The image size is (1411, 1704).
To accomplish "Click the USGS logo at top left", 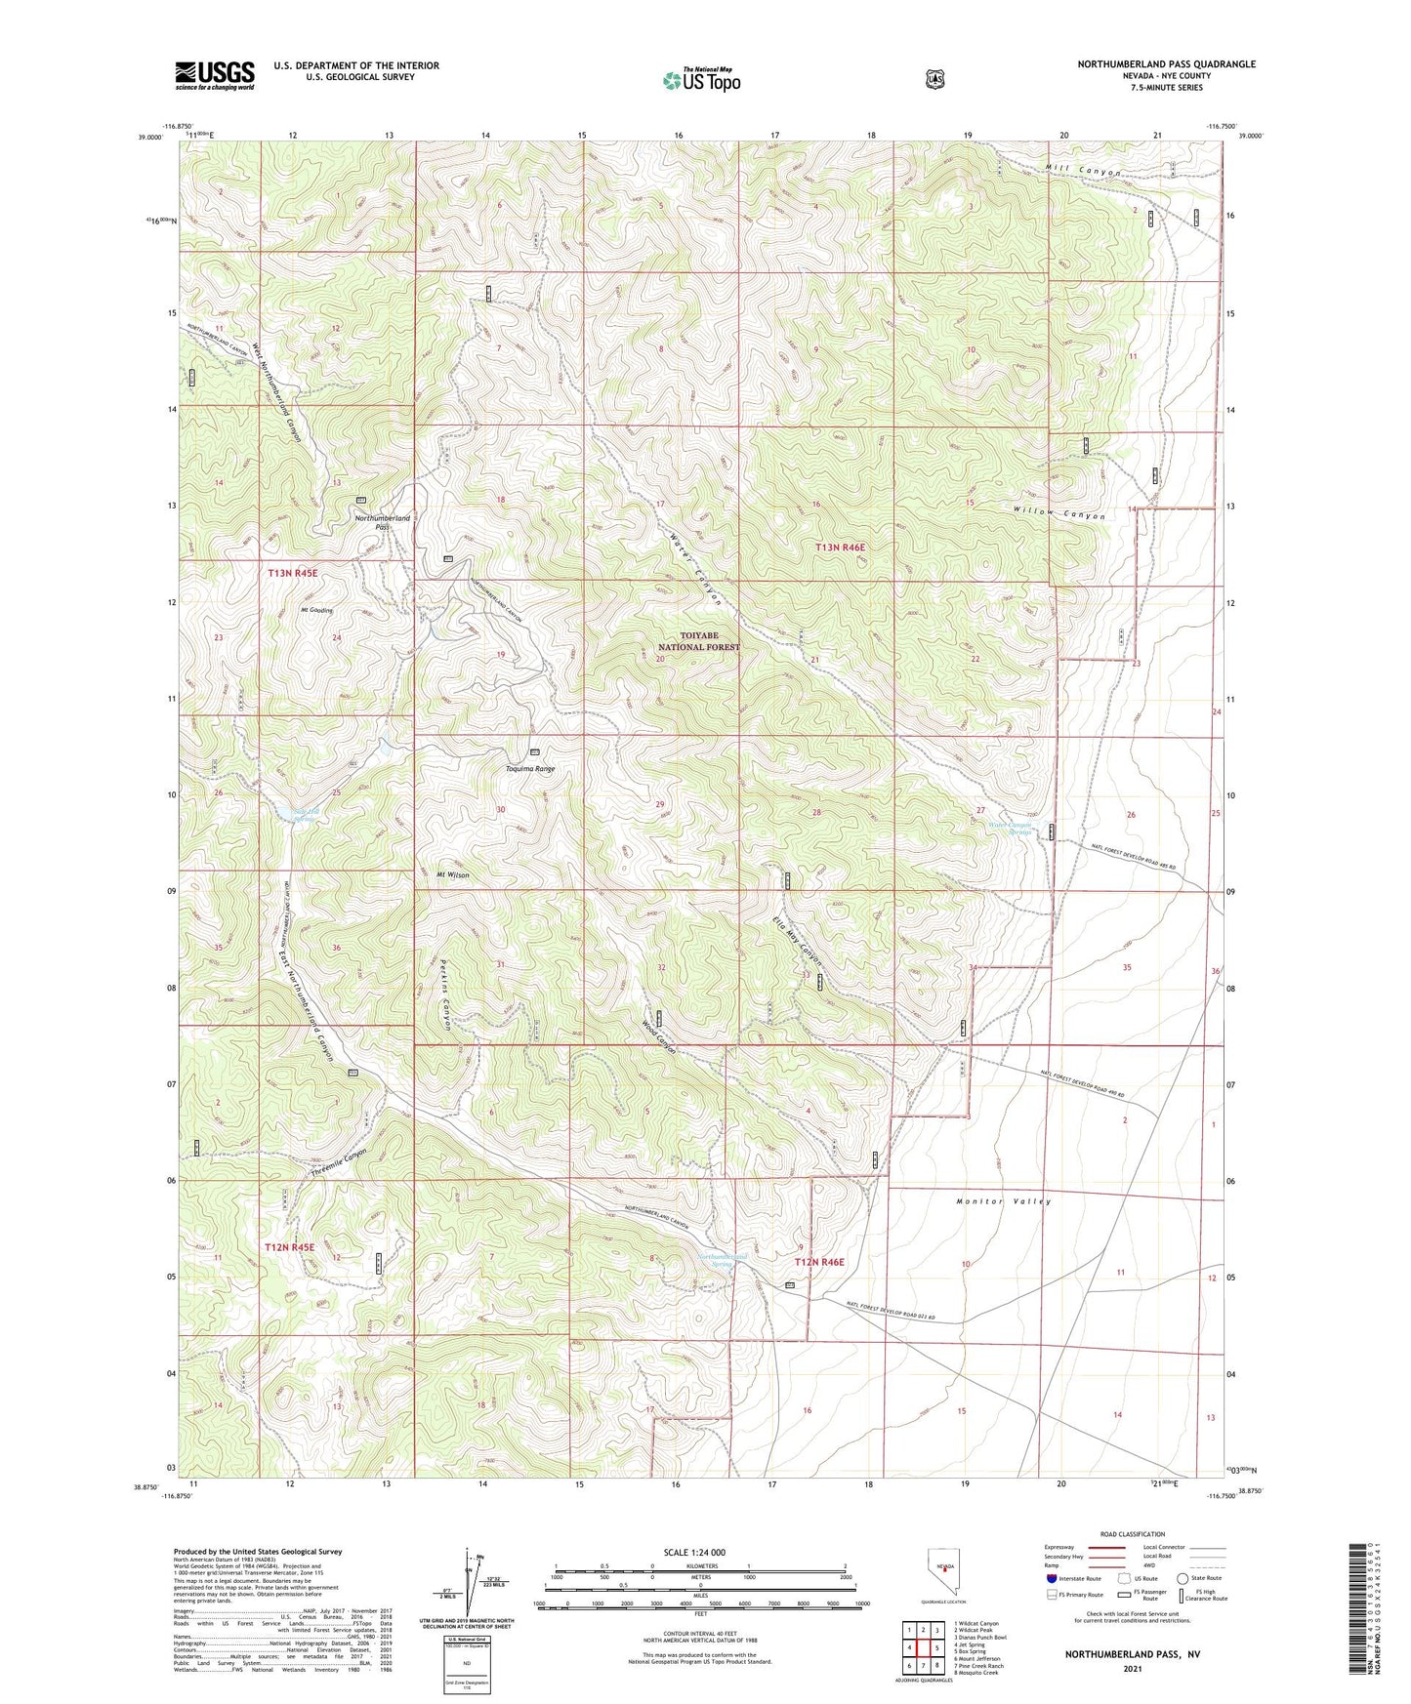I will pyautogui.click(x=215, y=75).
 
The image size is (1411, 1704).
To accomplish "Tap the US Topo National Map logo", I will pyautogui.click(x=700, y=80).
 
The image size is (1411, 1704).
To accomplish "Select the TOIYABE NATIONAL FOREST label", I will pyautogui.click(x=698, y=641).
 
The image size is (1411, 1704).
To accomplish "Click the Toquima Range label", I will pyautogui.click(x=529, y=769).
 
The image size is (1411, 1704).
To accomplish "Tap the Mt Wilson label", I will pyautogui.click(x=452, y=874).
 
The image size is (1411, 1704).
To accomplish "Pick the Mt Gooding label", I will pyautogui.click(x=316, y=610).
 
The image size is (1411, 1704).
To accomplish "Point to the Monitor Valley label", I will pyautogui.click(x=1004, y=1201).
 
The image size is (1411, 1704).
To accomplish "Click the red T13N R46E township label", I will pyautogui.click(x=840, y=548).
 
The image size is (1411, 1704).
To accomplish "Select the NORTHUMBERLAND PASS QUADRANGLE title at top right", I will pyautogui.click(x=1166, y=63).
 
